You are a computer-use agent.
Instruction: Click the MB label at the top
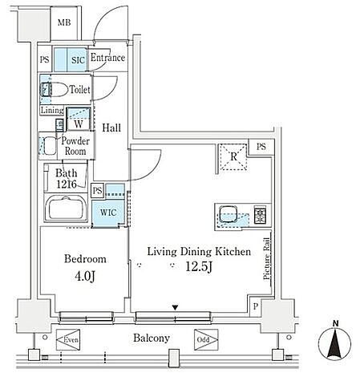[64, 22]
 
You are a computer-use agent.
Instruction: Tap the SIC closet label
[78, 60]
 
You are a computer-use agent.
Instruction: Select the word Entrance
[107, 58]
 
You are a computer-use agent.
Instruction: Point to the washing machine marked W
[79, 120]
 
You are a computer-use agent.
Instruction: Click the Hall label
[111, 128]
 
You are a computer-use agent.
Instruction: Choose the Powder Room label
[75, 146]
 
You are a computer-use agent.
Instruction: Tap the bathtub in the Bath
[66, 208]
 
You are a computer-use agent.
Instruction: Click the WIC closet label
[108, 213]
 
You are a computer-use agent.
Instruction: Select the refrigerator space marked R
[233, 157]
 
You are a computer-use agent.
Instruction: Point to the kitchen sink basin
[228, 214]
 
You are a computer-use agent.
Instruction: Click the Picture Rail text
[267, 259]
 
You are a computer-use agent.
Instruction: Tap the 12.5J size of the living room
[199, 266]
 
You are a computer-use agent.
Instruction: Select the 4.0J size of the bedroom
[85, 276]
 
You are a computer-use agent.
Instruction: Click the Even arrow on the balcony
[68, 340]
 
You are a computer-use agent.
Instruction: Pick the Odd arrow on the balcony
[206, 340]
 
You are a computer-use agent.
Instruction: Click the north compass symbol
[335, 342]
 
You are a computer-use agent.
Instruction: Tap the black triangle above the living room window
[175, 308]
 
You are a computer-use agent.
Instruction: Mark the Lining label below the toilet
[52, 110]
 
